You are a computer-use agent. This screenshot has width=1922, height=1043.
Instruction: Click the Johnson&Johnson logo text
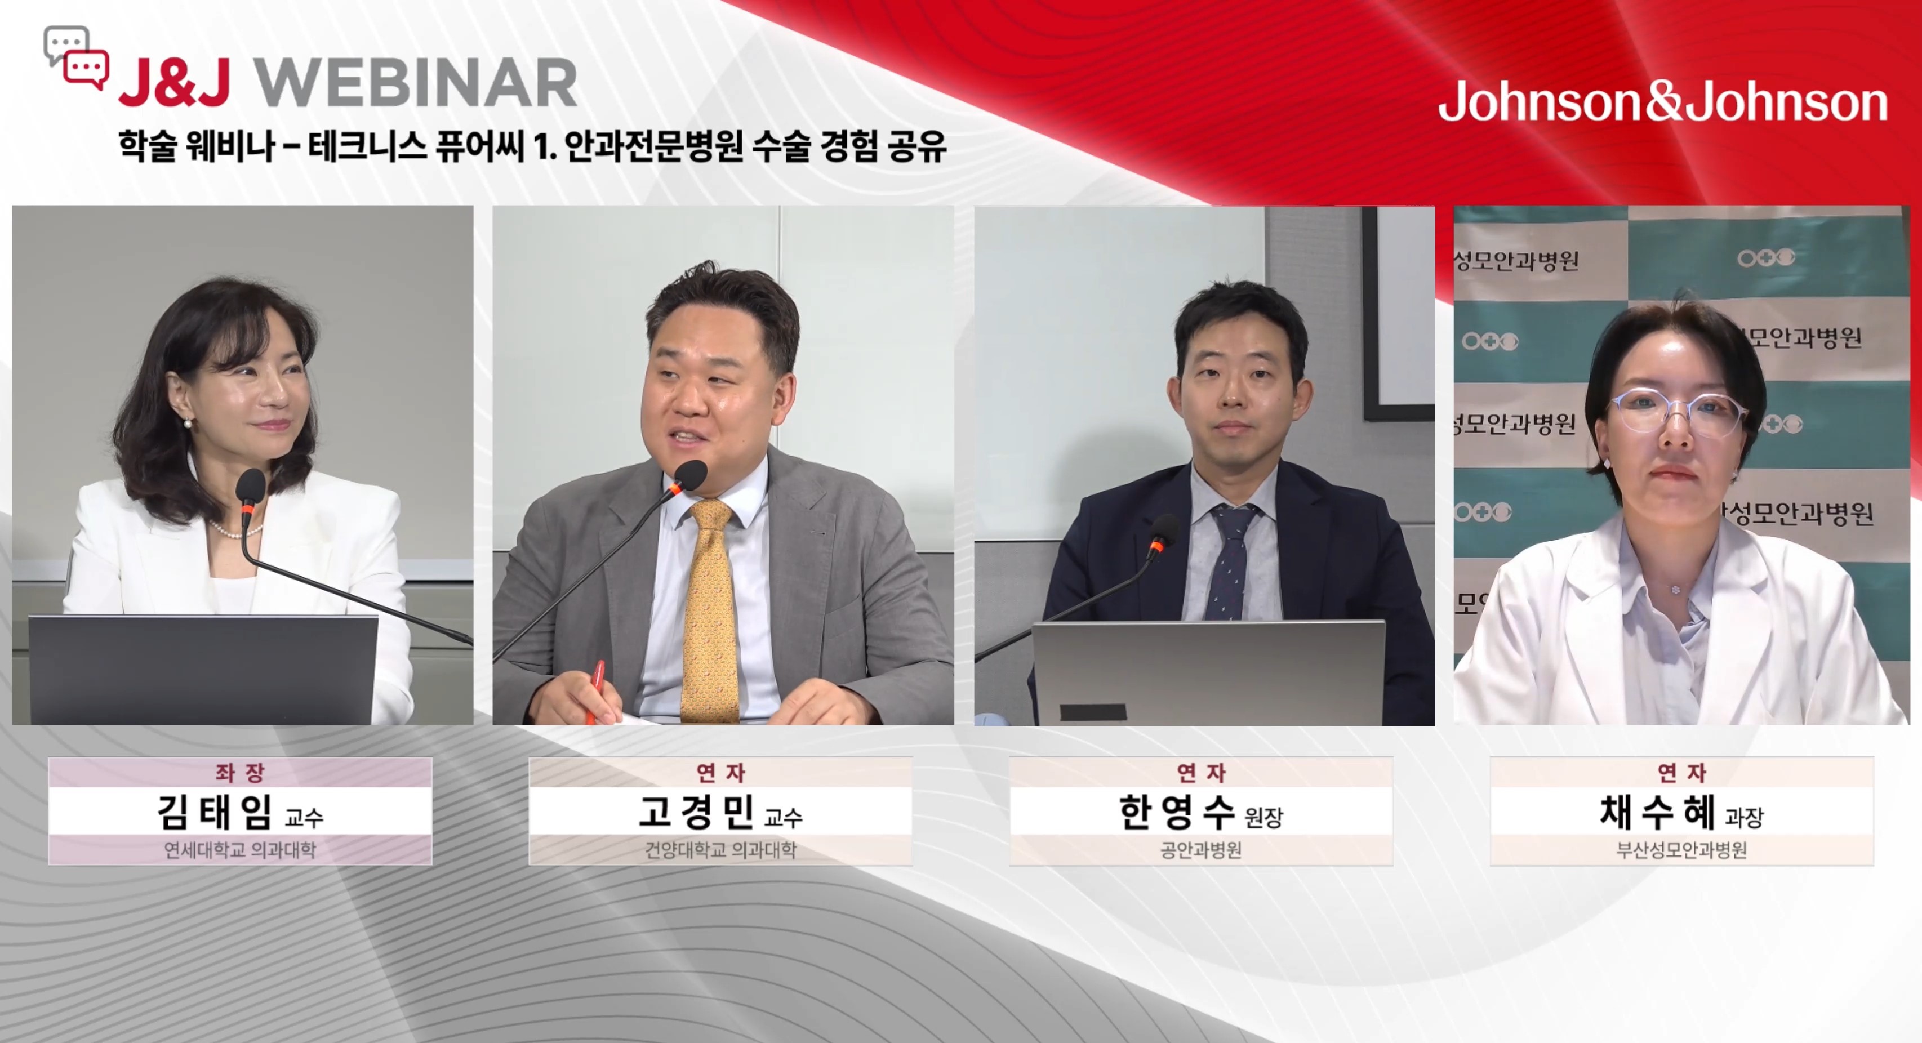(x=1662, y=101)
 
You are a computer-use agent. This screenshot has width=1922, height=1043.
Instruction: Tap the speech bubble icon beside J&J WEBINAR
(x=76, y=58)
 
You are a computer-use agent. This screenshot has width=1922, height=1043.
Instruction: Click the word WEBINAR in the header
(x=416, y=83)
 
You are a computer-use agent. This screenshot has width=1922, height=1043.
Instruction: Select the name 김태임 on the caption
(x=214, y=812)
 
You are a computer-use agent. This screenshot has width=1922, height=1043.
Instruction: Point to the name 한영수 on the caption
(x=1177, y=812)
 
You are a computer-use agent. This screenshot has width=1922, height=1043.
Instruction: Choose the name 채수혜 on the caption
(x=1657, y=812)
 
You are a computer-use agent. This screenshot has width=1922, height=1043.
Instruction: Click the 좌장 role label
(x=240, y=772)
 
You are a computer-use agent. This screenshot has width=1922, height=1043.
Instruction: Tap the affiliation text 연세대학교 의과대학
(x=240, y=850)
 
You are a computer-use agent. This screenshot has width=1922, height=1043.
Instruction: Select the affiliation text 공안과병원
(x=1201, y=850)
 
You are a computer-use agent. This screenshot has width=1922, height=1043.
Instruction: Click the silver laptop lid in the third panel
(x=1209, y=671)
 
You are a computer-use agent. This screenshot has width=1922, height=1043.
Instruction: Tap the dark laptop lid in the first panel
(x=203, y=669)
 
